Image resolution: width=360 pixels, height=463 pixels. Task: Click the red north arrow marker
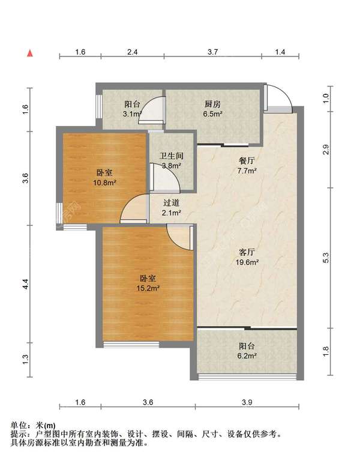30,53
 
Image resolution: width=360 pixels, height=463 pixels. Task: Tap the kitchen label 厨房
212,104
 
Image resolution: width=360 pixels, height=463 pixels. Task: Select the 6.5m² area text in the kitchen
212,113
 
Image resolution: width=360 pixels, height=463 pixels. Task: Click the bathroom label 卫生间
172,156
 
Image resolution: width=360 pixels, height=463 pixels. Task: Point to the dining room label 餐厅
247,161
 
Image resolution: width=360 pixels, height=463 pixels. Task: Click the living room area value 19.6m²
247,262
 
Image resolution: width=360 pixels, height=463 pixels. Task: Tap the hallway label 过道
172,203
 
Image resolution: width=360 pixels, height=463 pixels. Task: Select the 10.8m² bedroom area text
105,183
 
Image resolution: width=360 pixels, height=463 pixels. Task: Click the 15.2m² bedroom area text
148,288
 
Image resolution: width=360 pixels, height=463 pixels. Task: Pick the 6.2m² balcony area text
247,356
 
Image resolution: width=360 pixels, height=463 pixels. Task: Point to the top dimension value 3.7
212,52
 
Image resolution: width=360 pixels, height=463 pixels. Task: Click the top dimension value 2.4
133,52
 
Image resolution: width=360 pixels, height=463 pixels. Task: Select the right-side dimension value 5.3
326,258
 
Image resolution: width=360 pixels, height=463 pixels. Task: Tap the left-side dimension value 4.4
26,284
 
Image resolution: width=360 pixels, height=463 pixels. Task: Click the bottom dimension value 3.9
247,402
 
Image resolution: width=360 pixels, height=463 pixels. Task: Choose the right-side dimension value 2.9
326,150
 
